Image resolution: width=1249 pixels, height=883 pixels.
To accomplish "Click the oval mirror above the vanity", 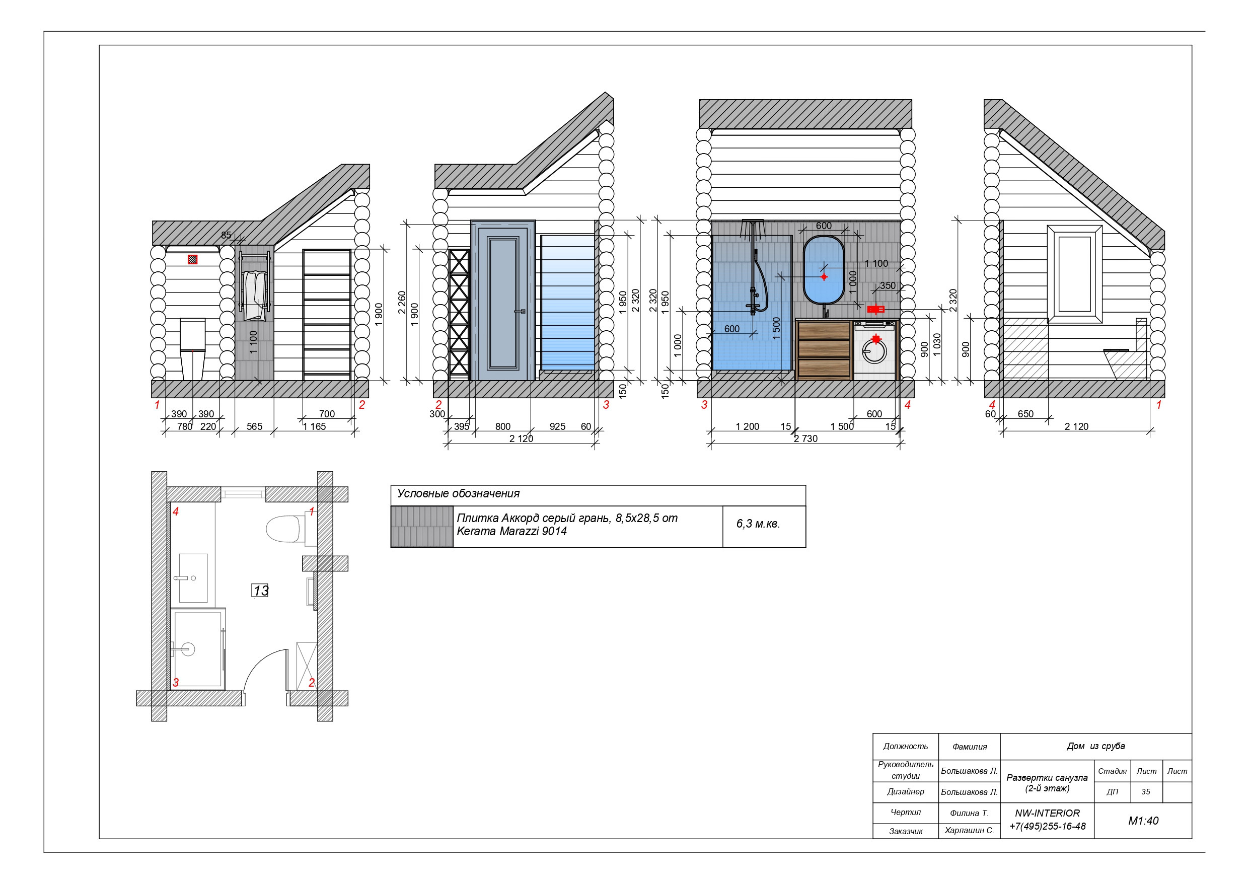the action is click(824, 269).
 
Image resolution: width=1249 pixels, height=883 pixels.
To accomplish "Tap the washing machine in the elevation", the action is click(874, 350).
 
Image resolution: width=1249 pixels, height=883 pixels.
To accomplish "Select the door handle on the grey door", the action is click(520, 311).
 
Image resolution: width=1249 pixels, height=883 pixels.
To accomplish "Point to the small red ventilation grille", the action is click(193, 260).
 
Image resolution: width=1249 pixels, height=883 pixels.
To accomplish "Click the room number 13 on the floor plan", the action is click(261, 591).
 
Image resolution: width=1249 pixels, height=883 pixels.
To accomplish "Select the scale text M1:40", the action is click(1143, 821).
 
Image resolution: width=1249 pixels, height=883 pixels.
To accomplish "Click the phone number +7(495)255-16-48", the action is click(1047, 826).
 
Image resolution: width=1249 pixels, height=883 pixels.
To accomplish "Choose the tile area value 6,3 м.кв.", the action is click(758, 524).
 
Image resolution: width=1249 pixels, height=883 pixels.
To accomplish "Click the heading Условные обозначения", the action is click(458, 493).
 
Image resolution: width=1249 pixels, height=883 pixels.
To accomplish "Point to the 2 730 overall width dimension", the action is click(805, 438).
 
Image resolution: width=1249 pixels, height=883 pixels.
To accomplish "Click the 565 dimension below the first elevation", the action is click(254, 426).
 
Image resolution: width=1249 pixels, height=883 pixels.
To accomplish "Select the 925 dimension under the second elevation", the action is click(557, 426).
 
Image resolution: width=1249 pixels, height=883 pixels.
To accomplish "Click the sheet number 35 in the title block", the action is click(1146, 791).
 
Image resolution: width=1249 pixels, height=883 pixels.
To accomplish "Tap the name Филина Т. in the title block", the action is click(969, 813).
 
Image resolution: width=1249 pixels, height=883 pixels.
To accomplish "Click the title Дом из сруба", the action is click(1095, 746).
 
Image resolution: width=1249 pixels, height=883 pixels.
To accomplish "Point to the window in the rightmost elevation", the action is click(1075, 274).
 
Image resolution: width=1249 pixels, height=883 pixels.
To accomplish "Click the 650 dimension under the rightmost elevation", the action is click(1025, 414).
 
